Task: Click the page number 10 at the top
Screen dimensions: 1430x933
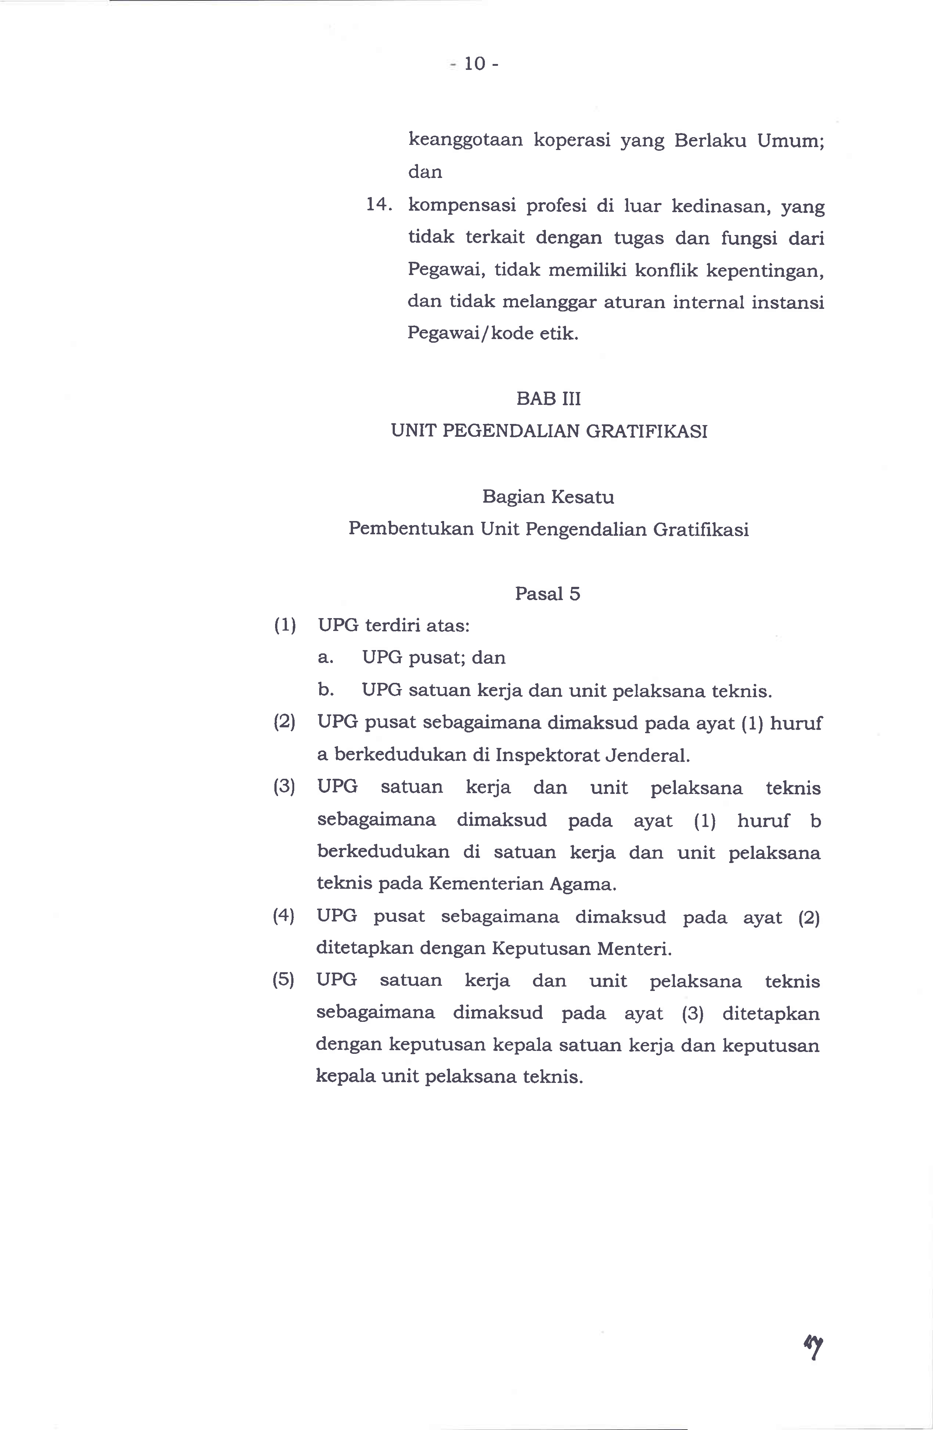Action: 474,64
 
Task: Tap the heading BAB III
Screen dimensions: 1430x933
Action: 548,399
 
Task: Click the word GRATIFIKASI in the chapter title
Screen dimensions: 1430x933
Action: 646,431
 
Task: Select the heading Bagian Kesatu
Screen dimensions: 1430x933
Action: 548,497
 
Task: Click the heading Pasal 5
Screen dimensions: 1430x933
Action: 548,593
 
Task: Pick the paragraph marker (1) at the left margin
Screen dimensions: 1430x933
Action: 285,625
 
